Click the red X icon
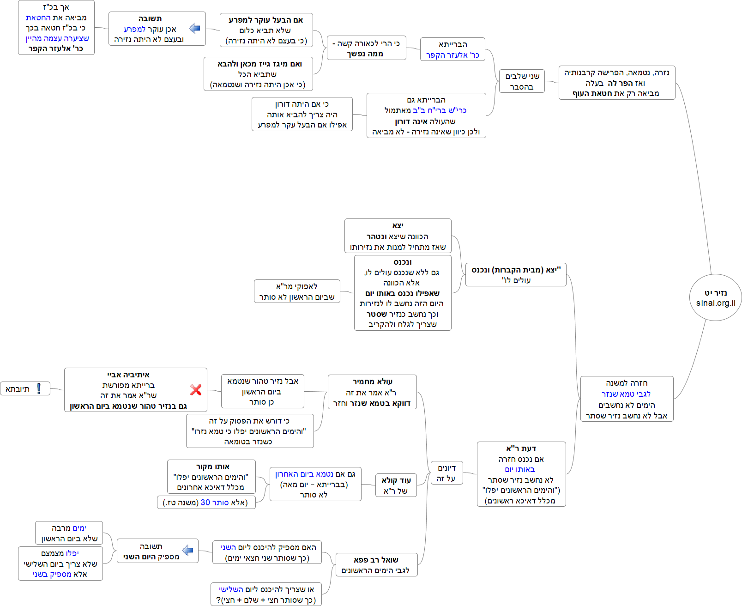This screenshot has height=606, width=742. point(196,390)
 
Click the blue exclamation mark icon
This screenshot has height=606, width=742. point(39,388)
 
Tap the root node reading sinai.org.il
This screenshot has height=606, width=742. point(716,298)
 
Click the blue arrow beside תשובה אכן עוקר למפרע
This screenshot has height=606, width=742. point(195,28)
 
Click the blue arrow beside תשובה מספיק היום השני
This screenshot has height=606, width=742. point(188,550)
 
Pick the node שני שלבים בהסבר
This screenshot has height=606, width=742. point(522,81)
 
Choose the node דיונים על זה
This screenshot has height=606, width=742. point(446,473)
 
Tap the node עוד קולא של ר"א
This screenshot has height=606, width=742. point(396,485)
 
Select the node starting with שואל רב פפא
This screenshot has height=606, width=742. point(376,565)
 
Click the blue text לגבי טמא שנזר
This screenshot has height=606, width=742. point(626,394)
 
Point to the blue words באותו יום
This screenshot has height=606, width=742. point(520,469)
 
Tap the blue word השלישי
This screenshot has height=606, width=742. point(231,589)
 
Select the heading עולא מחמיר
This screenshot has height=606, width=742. point(372,382)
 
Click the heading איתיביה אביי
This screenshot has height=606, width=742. point(128,375)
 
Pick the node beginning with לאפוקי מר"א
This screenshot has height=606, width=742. point(296,291)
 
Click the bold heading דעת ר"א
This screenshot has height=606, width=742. point(521,448)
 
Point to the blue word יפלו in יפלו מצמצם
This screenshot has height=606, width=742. point(72,553)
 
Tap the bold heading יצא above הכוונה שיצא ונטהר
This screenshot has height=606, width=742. point(398,225)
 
